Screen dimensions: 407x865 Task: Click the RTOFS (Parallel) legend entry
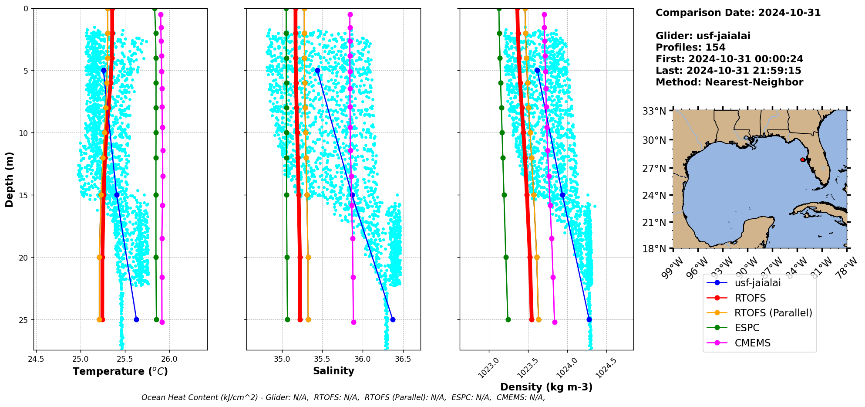pos(773,313)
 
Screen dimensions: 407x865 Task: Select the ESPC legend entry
pos(747,328)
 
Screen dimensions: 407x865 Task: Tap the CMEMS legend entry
pos(752,343)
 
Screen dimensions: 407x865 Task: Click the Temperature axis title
pos(120,371)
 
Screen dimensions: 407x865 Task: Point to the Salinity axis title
pos(333,371)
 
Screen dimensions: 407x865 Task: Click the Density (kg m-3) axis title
pos(546,387)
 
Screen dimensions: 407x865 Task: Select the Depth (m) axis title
pos(10,180)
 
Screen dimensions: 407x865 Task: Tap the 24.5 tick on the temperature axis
pos(36,360)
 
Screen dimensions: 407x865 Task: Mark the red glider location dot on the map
pos(803,160)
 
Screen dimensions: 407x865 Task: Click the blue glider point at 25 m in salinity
pos(393,319)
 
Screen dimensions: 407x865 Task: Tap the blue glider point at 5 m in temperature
pos(104,70)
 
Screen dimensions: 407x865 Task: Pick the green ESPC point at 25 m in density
pos(508,319)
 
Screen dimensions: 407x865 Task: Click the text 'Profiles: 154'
pos(690,47)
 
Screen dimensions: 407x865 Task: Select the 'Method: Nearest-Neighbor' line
pos(729,82)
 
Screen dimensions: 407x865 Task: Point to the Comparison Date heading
pos(738,13)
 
